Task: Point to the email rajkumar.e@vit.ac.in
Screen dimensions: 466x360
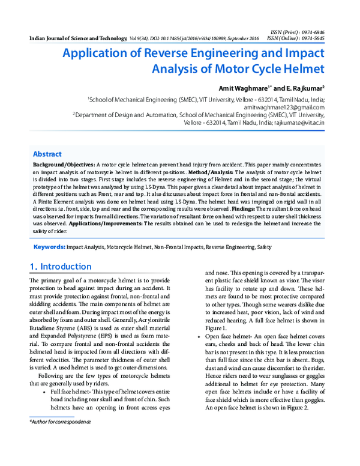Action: click(x=298, y=122)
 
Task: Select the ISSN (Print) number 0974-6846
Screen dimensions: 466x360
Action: click(x=312, y=31)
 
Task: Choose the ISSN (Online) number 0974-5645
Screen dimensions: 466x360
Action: click(x=312, y=38)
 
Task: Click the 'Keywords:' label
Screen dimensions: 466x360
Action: click(x=49, y=247)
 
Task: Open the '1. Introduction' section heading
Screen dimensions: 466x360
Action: click(x=61, y=267)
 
